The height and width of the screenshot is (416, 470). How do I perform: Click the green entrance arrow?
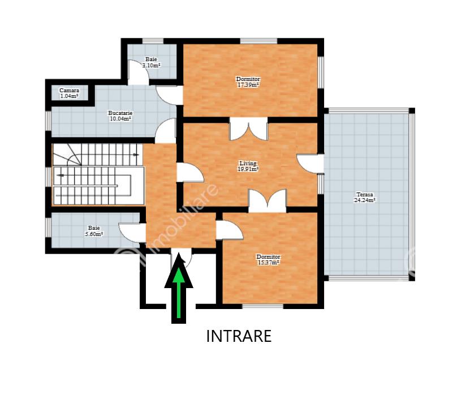pos(179,288)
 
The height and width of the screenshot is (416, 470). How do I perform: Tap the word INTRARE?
pos(239,336)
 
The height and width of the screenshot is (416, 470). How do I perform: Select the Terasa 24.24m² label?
pos(365,198)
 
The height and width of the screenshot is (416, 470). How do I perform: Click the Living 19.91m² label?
pos(248,166)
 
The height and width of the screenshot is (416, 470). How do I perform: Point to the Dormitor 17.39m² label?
pos(248,82)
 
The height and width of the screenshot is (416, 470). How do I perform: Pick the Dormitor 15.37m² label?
pos(269,260)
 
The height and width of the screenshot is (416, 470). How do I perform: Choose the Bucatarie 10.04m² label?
pos(120,116)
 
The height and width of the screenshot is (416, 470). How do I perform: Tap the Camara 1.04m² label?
pos(69,93)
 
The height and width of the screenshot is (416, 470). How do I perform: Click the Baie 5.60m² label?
pos(94,231)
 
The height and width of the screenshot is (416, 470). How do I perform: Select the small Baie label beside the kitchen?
pos(152,62)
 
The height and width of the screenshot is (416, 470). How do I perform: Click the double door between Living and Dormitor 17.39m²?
pos(248,129)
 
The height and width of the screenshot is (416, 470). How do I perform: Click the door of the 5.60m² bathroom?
pos(132,233)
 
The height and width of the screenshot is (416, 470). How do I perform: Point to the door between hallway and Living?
pos(190,173)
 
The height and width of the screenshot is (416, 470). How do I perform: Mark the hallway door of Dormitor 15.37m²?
pos(230,230)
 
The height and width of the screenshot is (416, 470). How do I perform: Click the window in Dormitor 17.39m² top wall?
pos(258,41)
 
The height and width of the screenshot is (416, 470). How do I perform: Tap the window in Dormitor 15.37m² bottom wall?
pos(262,307)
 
